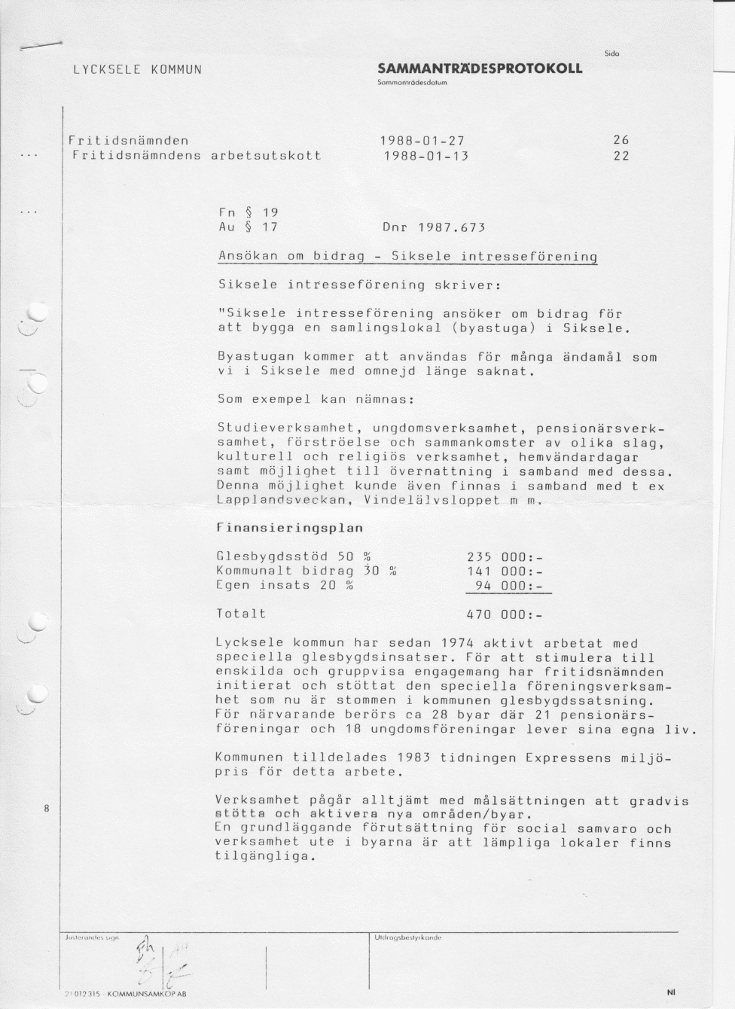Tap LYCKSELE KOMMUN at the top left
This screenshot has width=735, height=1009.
coord(137,70)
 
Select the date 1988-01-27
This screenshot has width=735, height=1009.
coord(422,141)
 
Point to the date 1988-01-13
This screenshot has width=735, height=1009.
coord(425,156)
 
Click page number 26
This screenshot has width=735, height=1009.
coord(621,141)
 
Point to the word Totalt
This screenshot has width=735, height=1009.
coord(241,614)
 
